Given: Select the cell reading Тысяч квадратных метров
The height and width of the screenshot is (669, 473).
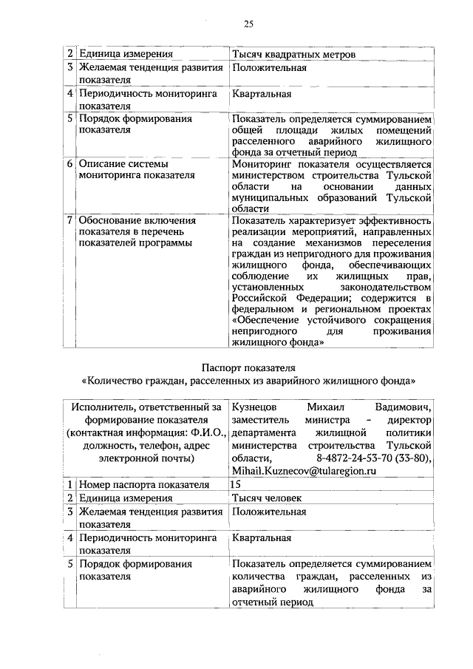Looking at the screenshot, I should click(x=293, y=54).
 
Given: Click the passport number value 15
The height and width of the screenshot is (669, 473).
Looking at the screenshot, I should click(x=236, y=484).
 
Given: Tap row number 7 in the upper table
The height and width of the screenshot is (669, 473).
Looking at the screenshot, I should click(x=69, y=220).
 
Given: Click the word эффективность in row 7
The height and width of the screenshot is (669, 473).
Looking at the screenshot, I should click(x=398, y=220).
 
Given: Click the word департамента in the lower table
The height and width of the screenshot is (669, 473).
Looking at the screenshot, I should click(x=262, y=432).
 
